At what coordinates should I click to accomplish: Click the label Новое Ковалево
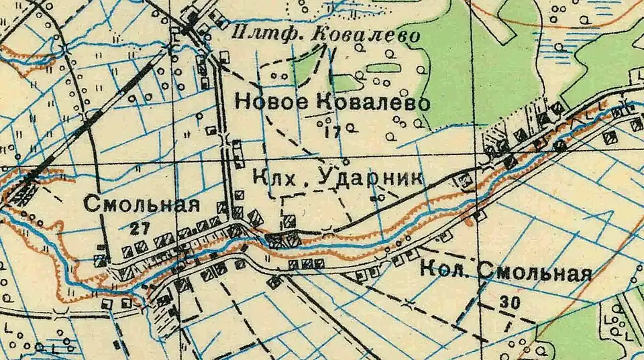point(331,103)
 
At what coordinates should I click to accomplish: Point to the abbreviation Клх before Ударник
point(274,178)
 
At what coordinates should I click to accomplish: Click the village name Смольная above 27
point(142,205)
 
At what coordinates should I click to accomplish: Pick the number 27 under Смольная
point(140,229)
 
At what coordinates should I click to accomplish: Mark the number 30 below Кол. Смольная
point(510,303)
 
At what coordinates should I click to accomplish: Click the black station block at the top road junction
point(193,27)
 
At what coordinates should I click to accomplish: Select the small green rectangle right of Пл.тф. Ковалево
point(380,68)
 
